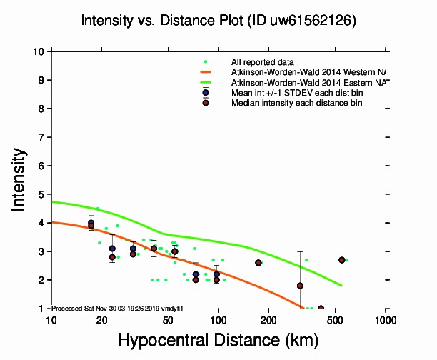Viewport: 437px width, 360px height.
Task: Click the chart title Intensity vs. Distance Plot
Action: tap(218, 22)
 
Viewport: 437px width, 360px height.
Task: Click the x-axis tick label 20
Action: tap(101, 319)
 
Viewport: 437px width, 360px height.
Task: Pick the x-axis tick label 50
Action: tap(168, 319)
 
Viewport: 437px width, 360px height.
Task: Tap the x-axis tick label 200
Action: tap(268, 319)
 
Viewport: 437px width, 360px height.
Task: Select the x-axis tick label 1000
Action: tap(386, 319)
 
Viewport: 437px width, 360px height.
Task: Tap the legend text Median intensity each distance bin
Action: tap(296, 103)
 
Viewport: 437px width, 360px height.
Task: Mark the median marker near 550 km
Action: tap(342, 260)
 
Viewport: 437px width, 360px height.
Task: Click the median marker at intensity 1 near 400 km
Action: tap(321, 309)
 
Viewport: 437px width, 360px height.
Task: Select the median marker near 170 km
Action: tap(258, 263)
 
